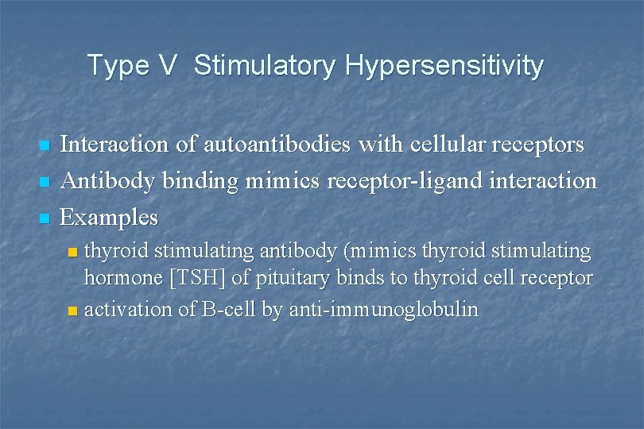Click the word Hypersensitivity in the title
click(x=444, y=66)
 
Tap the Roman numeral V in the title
click(x=166, y=65)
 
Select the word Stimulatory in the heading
click(x=265, y=65)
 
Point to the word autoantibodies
click(x=277, y=145)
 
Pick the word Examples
click(x=110, y=217)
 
